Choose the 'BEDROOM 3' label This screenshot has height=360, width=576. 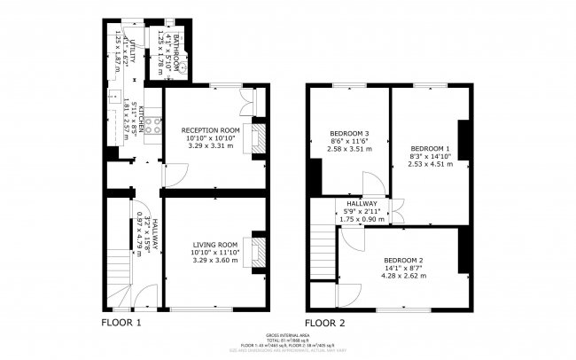[x=337, y=134]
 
